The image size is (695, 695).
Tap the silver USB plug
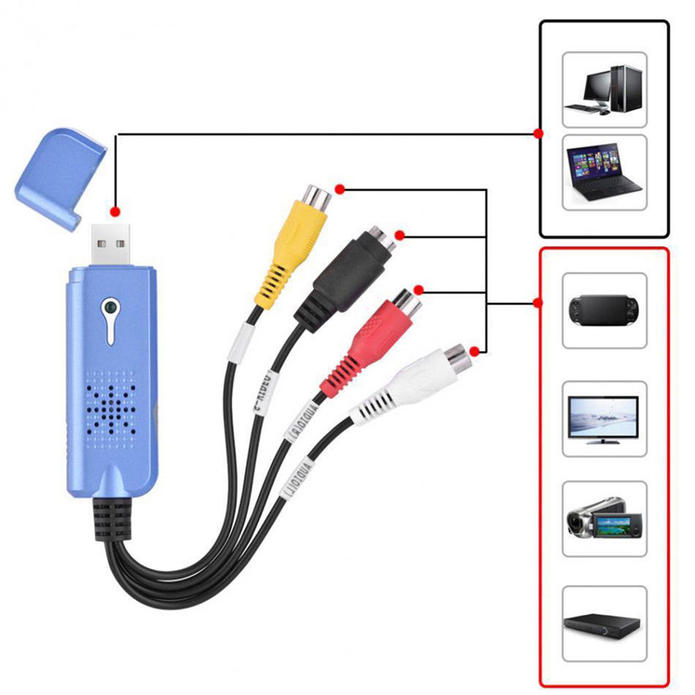click(114, 246)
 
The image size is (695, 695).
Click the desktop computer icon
click(603, 89)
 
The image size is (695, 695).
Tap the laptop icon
click(603, 171)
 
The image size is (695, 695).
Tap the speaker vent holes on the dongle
click(110, 402)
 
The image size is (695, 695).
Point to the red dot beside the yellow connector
click(339, 189)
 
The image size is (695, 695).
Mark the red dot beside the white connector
click(474, 351)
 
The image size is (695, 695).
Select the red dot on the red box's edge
click(538, 302)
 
